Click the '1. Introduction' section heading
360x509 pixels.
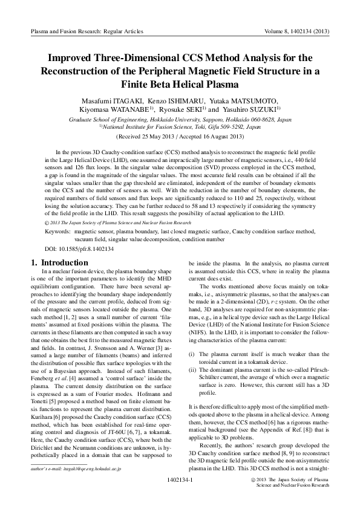tap(59, 262)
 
